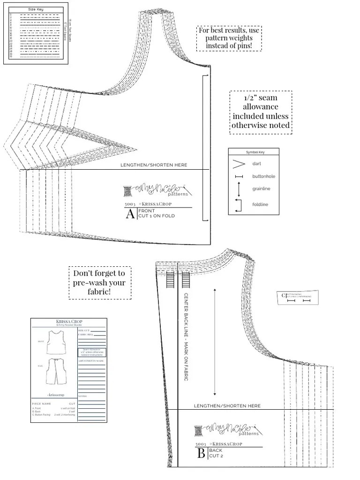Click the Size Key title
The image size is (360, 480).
36,9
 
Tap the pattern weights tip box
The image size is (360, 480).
228,38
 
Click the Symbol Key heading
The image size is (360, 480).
253,152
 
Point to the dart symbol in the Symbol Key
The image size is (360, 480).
240,164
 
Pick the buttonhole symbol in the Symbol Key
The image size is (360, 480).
239,177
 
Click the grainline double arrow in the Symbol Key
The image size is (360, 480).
239,189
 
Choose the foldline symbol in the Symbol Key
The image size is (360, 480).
239,204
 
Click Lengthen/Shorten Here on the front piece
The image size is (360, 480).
154,165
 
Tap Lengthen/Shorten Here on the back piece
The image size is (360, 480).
227,406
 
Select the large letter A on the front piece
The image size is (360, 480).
130,214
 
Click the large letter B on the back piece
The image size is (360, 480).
201,453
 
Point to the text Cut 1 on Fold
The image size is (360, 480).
156,216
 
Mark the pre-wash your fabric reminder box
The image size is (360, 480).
99,283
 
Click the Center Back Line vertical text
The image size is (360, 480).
186,337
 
